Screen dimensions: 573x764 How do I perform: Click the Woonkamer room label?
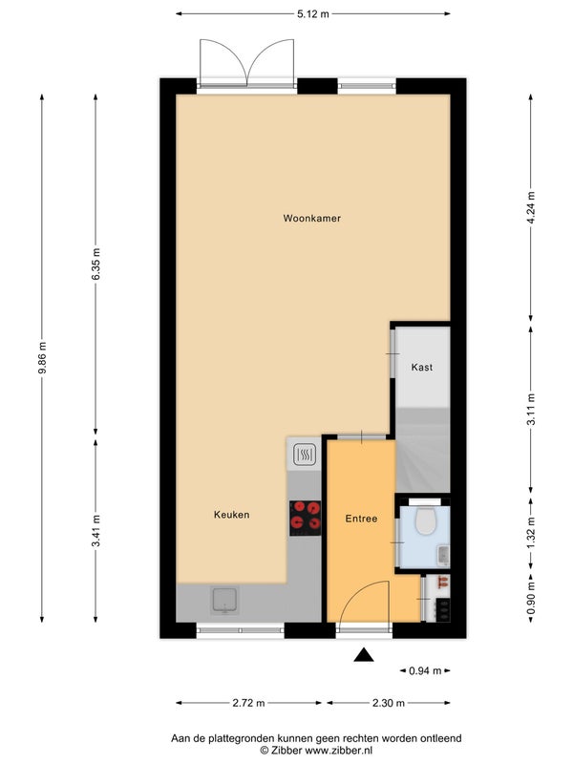(312, 219)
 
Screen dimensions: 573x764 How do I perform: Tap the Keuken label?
(231, 515)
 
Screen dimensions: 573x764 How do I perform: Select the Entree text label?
(362, 519)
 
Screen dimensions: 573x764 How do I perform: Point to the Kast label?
(422, 368)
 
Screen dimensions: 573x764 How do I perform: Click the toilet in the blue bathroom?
(425, 520)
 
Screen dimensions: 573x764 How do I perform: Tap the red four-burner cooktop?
(305, 519)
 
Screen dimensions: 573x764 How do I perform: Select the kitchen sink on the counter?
(224, 600)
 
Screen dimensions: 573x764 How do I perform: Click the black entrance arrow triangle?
(364, 655)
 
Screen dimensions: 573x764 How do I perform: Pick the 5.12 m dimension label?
(313, 14)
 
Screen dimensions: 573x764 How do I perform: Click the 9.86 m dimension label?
(42, 358)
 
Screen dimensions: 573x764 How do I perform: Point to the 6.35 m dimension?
(95, 265)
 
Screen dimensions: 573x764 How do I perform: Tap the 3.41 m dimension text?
(95, 531)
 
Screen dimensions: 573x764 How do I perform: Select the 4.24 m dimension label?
(531, 207)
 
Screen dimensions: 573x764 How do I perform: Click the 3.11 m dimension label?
(531, 410)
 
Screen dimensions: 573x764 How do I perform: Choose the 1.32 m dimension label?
(531, 533)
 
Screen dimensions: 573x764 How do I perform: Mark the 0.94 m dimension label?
(425, 671)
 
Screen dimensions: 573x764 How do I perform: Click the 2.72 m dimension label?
(248, 703)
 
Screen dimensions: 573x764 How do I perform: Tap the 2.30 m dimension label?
(389, 703)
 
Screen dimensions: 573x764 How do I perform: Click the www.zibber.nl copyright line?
(316, 751)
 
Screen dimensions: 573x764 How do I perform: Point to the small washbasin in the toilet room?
(443, 555)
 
